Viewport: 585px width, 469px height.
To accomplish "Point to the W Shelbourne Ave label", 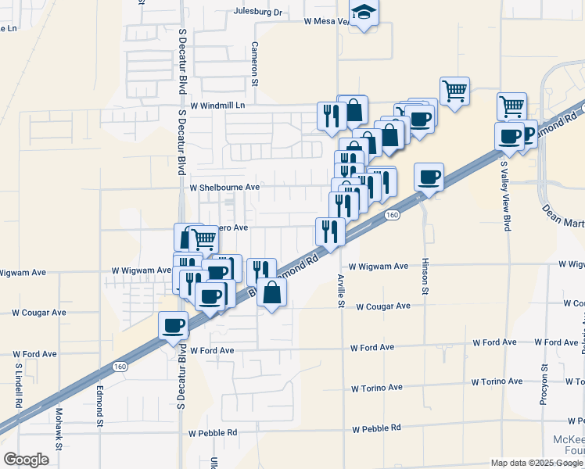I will point(224,188).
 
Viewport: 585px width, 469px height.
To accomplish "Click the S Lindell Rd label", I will point(17,385).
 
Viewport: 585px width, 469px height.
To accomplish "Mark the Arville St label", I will point(341,291).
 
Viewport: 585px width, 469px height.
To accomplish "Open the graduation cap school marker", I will point(363,13).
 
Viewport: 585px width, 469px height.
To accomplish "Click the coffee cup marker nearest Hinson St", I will point(429,177).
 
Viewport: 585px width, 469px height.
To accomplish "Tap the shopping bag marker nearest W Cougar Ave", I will point(271,293).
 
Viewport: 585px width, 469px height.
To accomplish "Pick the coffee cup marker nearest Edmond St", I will point(173,325).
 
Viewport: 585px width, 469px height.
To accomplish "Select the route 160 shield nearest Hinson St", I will point(393,214).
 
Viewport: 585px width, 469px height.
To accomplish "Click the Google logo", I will point(26,460).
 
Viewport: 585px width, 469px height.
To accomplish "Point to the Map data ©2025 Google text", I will point(536,463).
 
